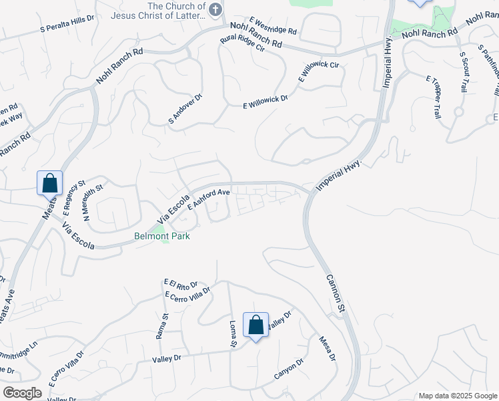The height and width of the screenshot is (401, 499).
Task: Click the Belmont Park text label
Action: tap(162, 237)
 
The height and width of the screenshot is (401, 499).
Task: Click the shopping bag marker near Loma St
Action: tap(256, 325)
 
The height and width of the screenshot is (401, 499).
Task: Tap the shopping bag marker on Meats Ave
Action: tap(49, 182)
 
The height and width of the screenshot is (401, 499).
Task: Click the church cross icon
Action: tap(214, 9)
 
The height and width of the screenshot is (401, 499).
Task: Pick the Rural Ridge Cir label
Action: tap(243, 51)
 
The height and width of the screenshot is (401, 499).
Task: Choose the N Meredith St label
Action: tap(92, 203)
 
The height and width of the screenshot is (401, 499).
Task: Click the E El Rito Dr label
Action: tap(181, 285)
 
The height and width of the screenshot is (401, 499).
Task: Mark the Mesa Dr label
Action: tap(328, 348)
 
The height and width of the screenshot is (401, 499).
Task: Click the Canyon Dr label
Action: tap(289, 370)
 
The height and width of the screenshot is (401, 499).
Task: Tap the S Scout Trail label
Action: tap(464, 72)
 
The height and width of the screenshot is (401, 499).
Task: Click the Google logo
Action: tap(22, 393)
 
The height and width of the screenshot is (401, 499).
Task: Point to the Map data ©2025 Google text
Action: tap(458, 396)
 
